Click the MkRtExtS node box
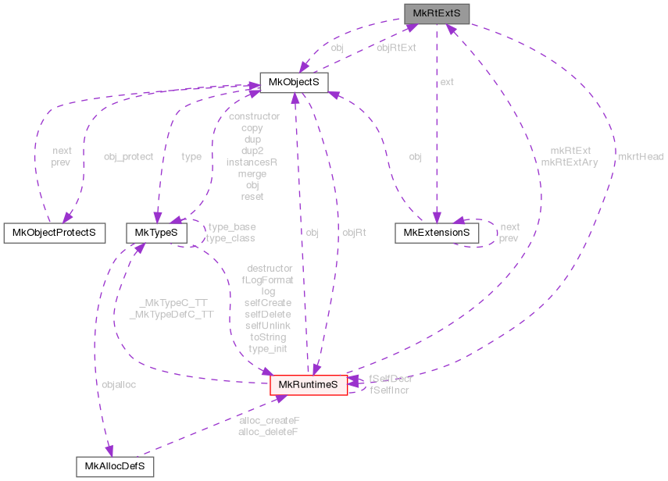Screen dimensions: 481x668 (437, 13)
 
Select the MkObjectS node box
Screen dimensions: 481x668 (294, 83)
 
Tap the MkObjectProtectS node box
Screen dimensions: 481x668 (55, 233)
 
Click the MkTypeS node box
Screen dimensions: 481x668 (156, 233)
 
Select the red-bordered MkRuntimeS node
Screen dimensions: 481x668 (309, 385)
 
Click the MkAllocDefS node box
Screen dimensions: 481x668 (115, 467)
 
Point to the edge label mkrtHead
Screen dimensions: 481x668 (640, 157)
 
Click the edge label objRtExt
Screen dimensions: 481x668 (396, 48)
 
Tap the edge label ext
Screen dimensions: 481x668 (447, 81)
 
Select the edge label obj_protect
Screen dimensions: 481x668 (128, 157)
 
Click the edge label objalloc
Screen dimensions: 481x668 (119, 385)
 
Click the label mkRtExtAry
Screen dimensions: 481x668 (570, 162)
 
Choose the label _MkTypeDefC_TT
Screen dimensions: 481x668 (170, 314)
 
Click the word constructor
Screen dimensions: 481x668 (252, 116)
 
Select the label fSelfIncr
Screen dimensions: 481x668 (389, 390)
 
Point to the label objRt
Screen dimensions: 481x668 (354, 233)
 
